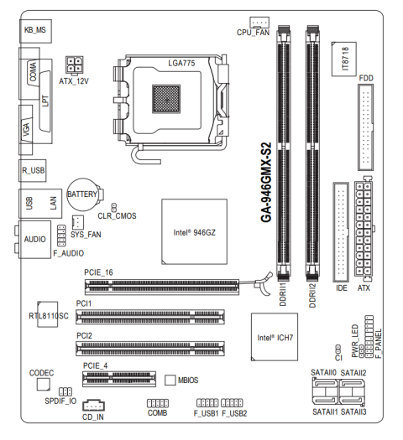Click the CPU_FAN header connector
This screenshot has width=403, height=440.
coord(259,22)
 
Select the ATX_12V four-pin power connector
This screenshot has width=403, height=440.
coord(75,65)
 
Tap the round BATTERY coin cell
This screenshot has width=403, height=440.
coord(82,194)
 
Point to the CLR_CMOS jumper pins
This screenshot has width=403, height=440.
coord(114,208)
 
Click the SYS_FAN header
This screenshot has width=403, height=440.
coord(78,222)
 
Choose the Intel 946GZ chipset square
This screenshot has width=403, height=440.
coord(194,232)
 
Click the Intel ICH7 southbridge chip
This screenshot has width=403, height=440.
coord(275,337)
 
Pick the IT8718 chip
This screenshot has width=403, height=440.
coord(344,59)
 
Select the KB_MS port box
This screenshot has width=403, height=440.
coord(35,31)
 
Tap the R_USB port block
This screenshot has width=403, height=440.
coord(33,171)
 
